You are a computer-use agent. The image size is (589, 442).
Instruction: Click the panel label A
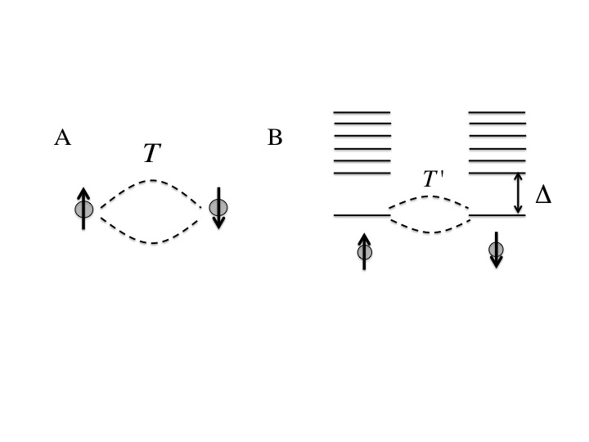coord(62,138)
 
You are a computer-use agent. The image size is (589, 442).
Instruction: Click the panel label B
coord(275,138)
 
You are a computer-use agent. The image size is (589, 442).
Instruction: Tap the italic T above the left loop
coord(151,152)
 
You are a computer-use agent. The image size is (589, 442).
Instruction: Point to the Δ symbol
coord(542,195)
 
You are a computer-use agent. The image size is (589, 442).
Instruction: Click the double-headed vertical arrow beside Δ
coord(518,194)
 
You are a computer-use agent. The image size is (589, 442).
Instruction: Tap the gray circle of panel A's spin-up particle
coord(83,210)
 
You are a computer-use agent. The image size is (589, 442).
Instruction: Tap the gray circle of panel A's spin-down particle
coord(218,207)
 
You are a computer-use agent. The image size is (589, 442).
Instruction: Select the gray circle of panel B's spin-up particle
coord(365,252)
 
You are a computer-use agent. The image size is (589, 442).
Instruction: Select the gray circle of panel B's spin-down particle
coord(496,249)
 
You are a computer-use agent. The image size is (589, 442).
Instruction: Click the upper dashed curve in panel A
coord(151,181)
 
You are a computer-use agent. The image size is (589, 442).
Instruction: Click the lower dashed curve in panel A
coord(151,241)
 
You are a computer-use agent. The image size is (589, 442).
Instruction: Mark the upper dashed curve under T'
coord(429,197)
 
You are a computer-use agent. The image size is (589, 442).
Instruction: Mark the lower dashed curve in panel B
coord(429,232)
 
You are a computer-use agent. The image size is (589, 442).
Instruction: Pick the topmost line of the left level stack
coord(362,111)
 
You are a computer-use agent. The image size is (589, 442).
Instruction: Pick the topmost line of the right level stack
coord(497,111)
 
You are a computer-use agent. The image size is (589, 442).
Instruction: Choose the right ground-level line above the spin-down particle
coord(497,215)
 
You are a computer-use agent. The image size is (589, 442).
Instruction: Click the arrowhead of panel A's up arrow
coord(83,192)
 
